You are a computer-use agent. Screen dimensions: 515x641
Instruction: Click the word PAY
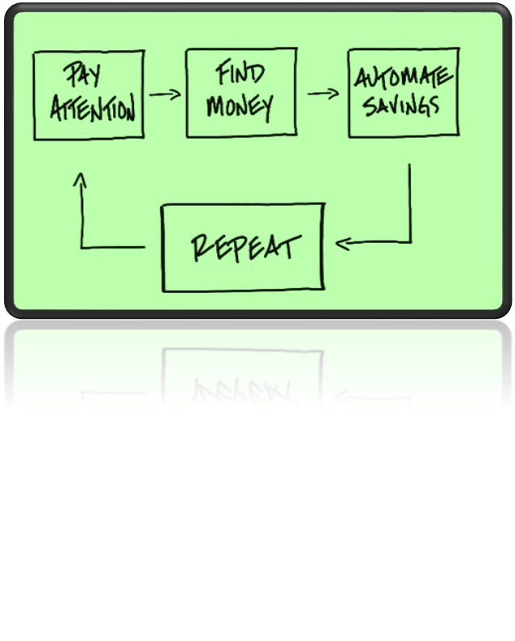pos(82,74)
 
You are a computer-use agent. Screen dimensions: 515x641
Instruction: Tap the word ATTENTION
pos(93,107)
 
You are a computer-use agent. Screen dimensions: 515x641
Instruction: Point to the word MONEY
pos(240,107)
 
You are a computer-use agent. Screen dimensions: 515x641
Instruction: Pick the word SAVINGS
pos(401,106)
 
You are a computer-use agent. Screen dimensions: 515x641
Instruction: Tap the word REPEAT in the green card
pos(246,248)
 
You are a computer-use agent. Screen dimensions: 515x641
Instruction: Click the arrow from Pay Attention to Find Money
pos(165,94)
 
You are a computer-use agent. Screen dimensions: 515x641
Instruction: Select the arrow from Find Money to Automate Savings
pos(324,94)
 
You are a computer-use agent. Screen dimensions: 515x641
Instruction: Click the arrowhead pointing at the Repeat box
pos(342,244)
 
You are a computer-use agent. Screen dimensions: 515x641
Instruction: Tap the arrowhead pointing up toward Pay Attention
pos(81,179)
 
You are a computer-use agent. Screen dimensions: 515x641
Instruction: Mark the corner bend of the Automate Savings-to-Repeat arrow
pos(410,242)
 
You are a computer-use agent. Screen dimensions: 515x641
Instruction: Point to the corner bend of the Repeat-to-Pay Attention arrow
pos(82,247)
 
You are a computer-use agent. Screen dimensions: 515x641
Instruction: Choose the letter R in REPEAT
pos(202,248)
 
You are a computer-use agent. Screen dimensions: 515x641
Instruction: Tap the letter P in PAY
pos(73,73)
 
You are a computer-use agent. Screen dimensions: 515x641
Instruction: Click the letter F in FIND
pos(223,72)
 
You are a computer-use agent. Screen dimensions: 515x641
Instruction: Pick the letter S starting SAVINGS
pos(371,107)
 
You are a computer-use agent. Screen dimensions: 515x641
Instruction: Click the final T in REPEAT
pos(291,246)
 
